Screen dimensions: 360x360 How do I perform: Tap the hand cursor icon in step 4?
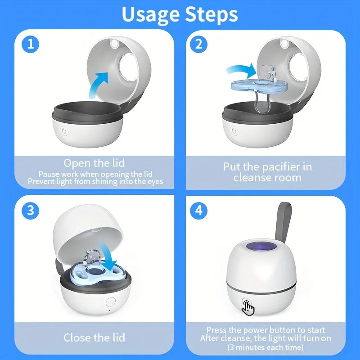tap(248, 307)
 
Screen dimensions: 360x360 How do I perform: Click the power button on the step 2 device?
tap(234, 131)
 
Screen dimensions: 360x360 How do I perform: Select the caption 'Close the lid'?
tap(94, 337)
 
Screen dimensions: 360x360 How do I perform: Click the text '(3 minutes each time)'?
tap(265, 347)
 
